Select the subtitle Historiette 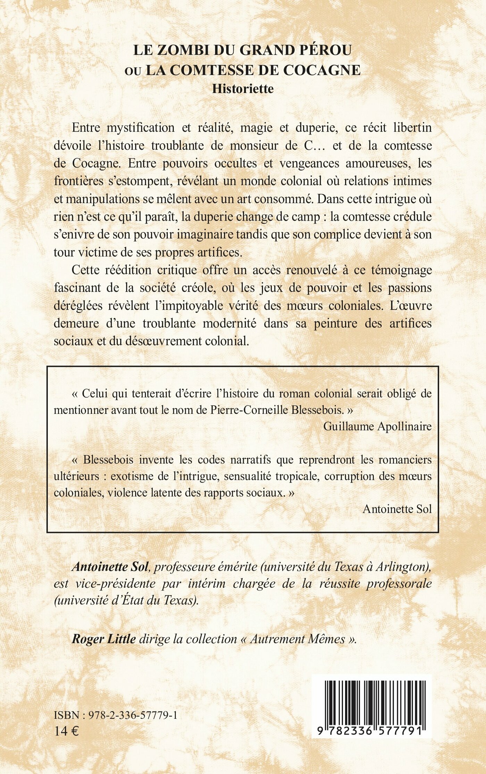pyautogui.click(x=243, y=89)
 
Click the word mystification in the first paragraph pyautogui.click(x=140, y=128)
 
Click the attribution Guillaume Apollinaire pyautogui.click(x=377, y=426)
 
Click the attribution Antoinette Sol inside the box pyautogui.click(x=397, y=509)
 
